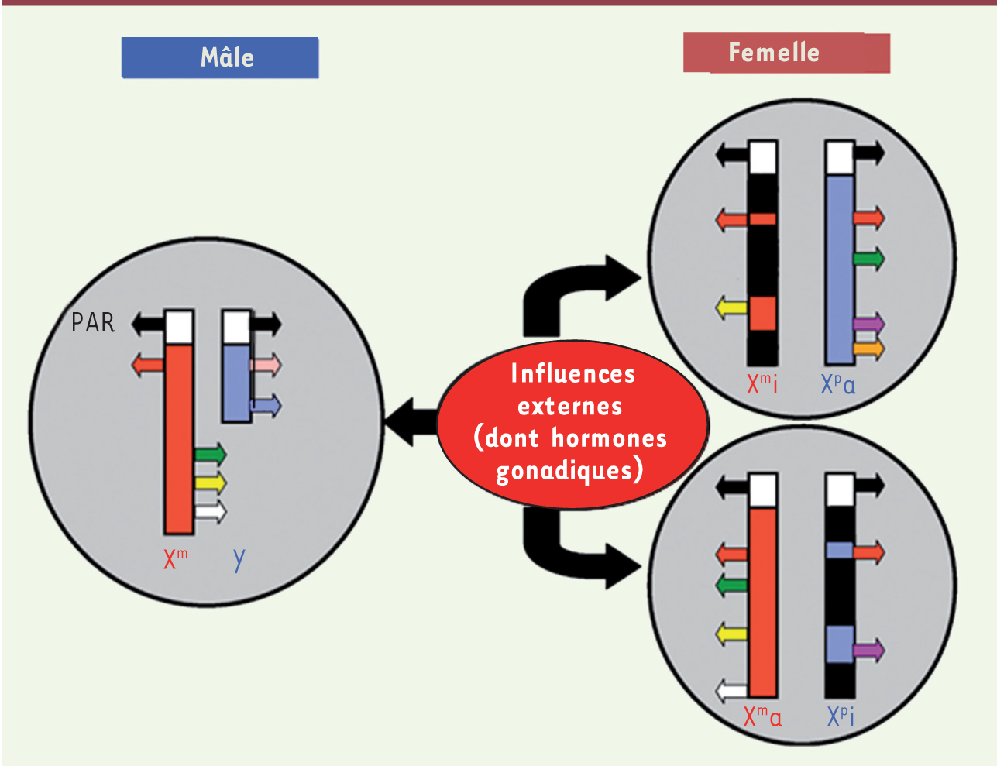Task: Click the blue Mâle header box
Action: (220, 58)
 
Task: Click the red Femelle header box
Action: (786, 53)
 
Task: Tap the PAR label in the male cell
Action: (92, 322)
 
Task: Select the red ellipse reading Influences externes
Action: (572, 424)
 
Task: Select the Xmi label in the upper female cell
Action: (762, 383)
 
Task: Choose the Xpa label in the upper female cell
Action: (838, 383)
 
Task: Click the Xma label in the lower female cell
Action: (762, 716)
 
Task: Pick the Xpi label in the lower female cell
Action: (841, 716)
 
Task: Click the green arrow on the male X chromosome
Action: (210, 453)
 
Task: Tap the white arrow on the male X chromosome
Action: (210, 511)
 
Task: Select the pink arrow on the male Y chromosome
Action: (266, 364)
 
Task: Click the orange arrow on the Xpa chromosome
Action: (868, 349)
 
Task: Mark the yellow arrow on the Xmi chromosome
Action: (731, 308)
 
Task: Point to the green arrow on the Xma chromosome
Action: (732, 585)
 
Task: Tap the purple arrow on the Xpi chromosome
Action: (868, 650)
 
